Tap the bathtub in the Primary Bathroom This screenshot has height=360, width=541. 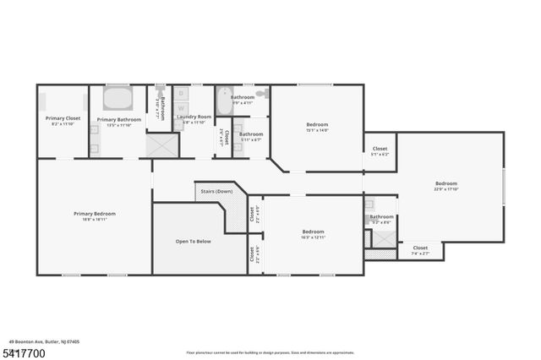[117, 101]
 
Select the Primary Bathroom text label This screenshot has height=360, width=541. [118, 122]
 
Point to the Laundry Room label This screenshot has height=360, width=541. [194, 119]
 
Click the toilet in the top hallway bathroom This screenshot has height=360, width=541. [262, 93]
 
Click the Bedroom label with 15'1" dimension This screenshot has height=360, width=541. [317, 127]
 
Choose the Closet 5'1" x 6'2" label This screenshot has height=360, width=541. [380, 151]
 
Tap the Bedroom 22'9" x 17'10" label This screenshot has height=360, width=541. [446, 186]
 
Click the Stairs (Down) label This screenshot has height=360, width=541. [216, 192]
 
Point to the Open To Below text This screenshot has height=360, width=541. [193, 242]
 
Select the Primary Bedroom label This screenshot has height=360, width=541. [93, 216]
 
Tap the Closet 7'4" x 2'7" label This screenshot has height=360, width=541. [420, 250]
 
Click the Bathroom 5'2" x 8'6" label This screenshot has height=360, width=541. [380, 220]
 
